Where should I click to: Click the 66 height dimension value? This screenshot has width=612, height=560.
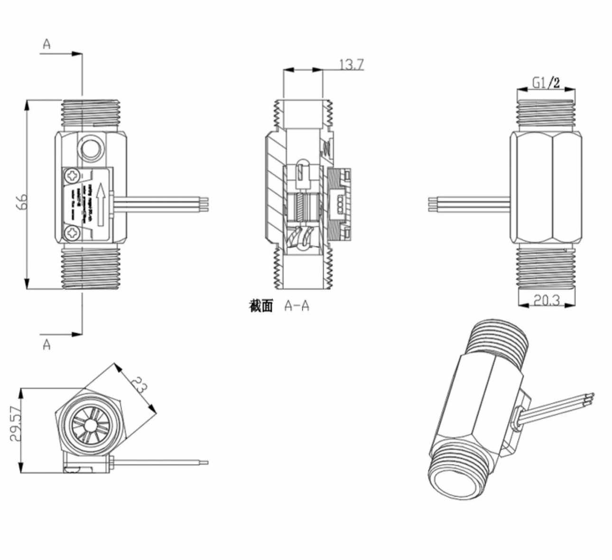pos(24,201)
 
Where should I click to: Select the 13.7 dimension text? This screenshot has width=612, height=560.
pos(352,64)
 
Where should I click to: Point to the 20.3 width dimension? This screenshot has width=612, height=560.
pos(547,300)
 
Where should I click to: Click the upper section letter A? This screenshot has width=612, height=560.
pos(46,44)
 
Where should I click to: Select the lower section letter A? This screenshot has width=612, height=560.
pos(46,345)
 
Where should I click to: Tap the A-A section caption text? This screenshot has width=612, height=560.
pos(297,306)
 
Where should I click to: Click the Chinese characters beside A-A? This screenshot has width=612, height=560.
pos(261,306)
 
